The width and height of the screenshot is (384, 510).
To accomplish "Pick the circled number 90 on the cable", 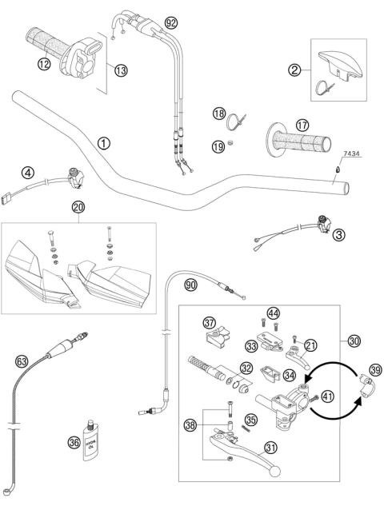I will coord(189,285).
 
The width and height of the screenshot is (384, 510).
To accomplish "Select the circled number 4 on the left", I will coord(27,171).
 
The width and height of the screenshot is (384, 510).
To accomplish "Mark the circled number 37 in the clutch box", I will coord(211,323).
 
